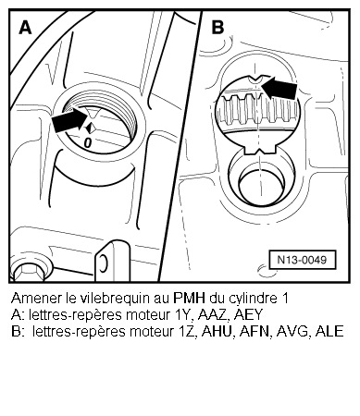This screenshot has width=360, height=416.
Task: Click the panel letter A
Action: click(25, 28)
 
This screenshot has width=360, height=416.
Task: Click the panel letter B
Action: click(218, 28)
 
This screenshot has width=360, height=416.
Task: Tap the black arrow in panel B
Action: click(283, 90)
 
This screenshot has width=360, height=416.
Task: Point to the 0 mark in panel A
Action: click(87, 143)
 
